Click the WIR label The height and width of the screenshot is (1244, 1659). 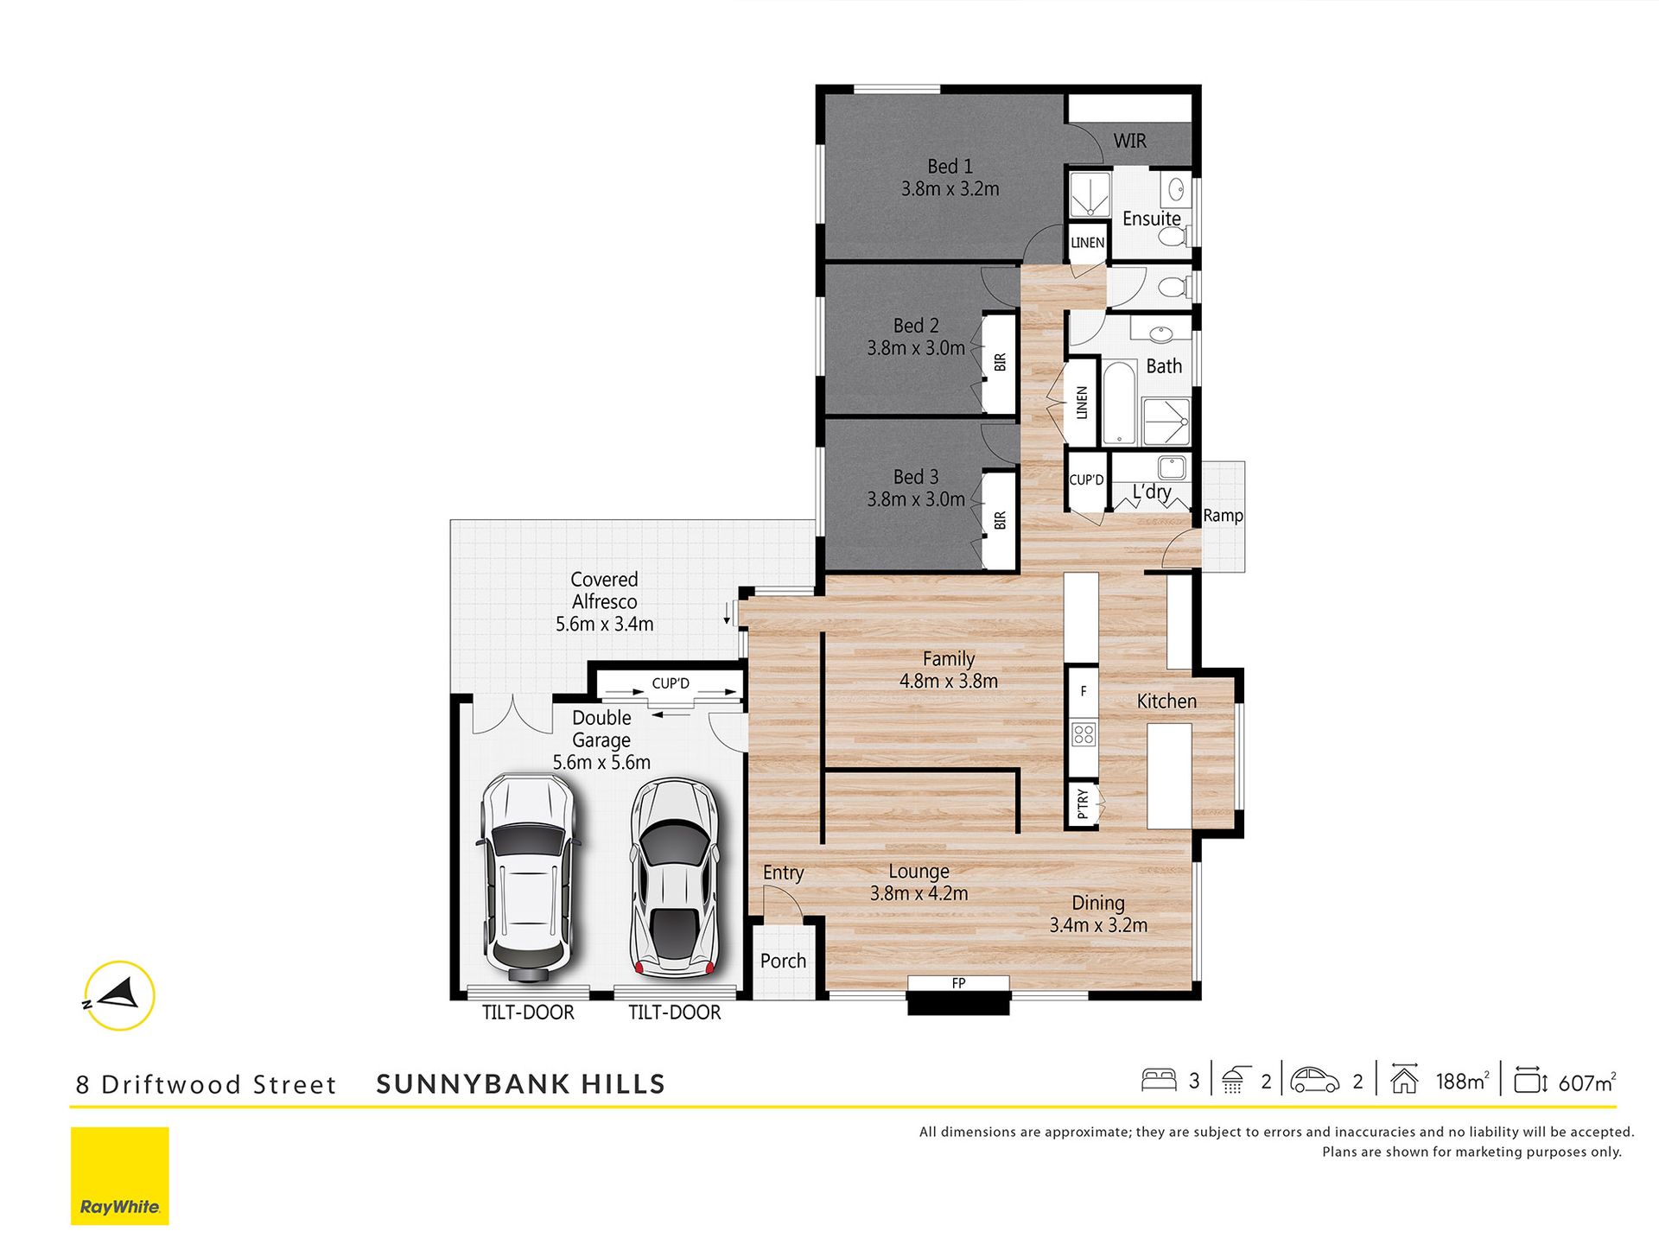pyautogui.click(x=1129, y=141)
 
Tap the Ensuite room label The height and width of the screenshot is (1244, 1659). pyautogui.click(x=1151, y=219)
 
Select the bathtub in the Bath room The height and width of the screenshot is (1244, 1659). pyautogui.click(x=1119, y=403)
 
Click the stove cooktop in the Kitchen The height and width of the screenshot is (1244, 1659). pyautogui.click(x=1084, y=735)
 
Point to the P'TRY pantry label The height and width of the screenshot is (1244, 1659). pyautogui.click(x=1083, y=804)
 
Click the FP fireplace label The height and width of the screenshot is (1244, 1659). pyautogui.click(x=958, y=983)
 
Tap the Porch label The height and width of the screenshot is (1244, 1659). pyautogui.click(x=783, y=961)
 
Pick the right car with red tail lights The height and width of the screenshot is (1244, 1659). pyautogui.click(x=675, y=878)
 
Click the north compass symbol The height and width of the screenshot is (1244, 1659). pyautogui.click(x=119, y=995)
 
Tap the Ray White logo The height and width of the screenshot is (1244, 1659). pyautogui.click(x=120, y=1176)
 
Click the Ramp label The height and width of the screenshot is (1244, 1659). pyautogui.click(x=1223, y=516)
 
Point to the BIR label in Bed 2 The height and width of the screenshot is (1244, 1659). pyautogui.click(x=1000, y=363)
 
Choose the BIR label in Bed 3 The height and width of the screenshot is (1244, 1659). pyautogui.click(x=1000, y=521)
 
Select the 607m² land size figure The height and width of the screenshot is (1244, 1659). pyautogui.click(x=1587, y=1082)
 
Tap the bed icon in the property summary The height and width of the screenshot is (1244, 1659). pyautogui.click(x=1159, y=1080)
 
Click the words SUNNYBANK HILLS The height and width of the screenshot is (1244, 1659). pyautogui.click(x=521, y=1084)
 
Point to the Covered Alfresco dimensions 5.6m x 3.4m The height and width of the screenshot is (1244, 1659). pyautogui.click(x=604, y=624)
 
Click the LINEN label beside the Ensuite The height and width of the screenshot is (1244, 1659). pyautogui.click(x=1087, y=243)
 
